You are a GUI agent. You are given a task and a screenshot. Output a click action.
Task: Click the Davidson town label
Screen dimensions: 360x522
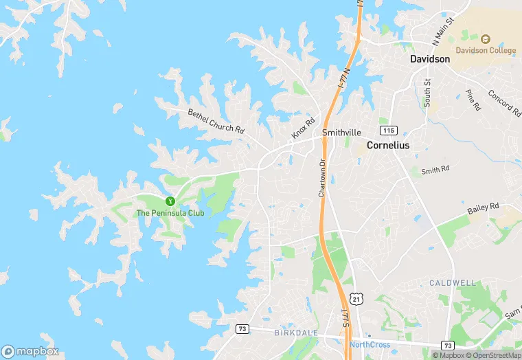coord(430,59)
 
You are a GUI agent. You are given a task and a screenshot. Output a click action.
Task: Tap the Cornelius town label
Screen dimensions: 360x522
coord(388,145)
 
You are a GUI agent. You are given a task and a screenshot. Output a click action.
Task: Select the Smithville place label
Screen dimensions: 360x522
coord(341,133)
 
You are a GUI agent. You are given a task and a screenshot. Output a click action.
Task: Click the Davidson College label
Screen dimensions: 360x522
coord(485,50)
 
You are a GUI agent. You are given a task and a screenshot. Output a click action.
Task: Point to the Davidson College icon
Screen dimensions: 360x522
coord(485,39)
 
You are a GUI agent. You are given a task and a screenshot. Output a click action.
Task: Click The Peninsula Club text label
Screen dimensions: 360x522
coord(170,213)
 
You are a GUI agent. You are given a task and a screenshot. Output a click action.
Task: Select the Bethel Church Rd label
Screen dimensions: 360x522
coord(216,120)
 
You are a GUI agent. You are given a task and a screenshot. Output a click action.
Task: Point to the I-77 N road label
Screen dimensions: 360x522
coord(345,80)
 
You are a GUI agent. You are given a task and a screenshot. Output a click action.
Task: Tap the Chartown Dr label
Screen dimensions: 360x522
coord(321,178)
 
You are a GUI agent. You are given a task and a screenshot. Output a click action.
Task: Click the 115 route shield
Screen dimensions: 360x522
coord(389,131)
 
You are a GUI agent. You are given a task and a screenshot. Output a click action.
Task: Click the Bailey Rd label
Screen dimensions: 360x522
coord(484,207)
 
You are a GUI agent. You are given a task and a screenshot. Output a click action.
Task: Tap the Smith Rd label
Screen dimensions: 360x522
coord(435,169)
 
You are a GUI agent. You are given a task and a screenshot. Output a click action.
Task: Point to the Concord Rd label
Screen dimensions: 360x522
coord(504,102)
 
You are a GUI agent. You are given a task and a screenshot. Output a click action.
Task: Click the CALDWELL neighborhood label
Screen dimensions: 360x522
coord(453,283)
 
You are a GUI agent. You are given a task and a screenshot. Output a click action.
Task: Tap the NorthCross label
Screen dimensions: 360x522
coord(370,344)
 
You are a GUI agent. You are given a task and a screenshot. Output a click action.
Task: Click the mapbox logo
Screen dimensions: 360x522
coord(30,351)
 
